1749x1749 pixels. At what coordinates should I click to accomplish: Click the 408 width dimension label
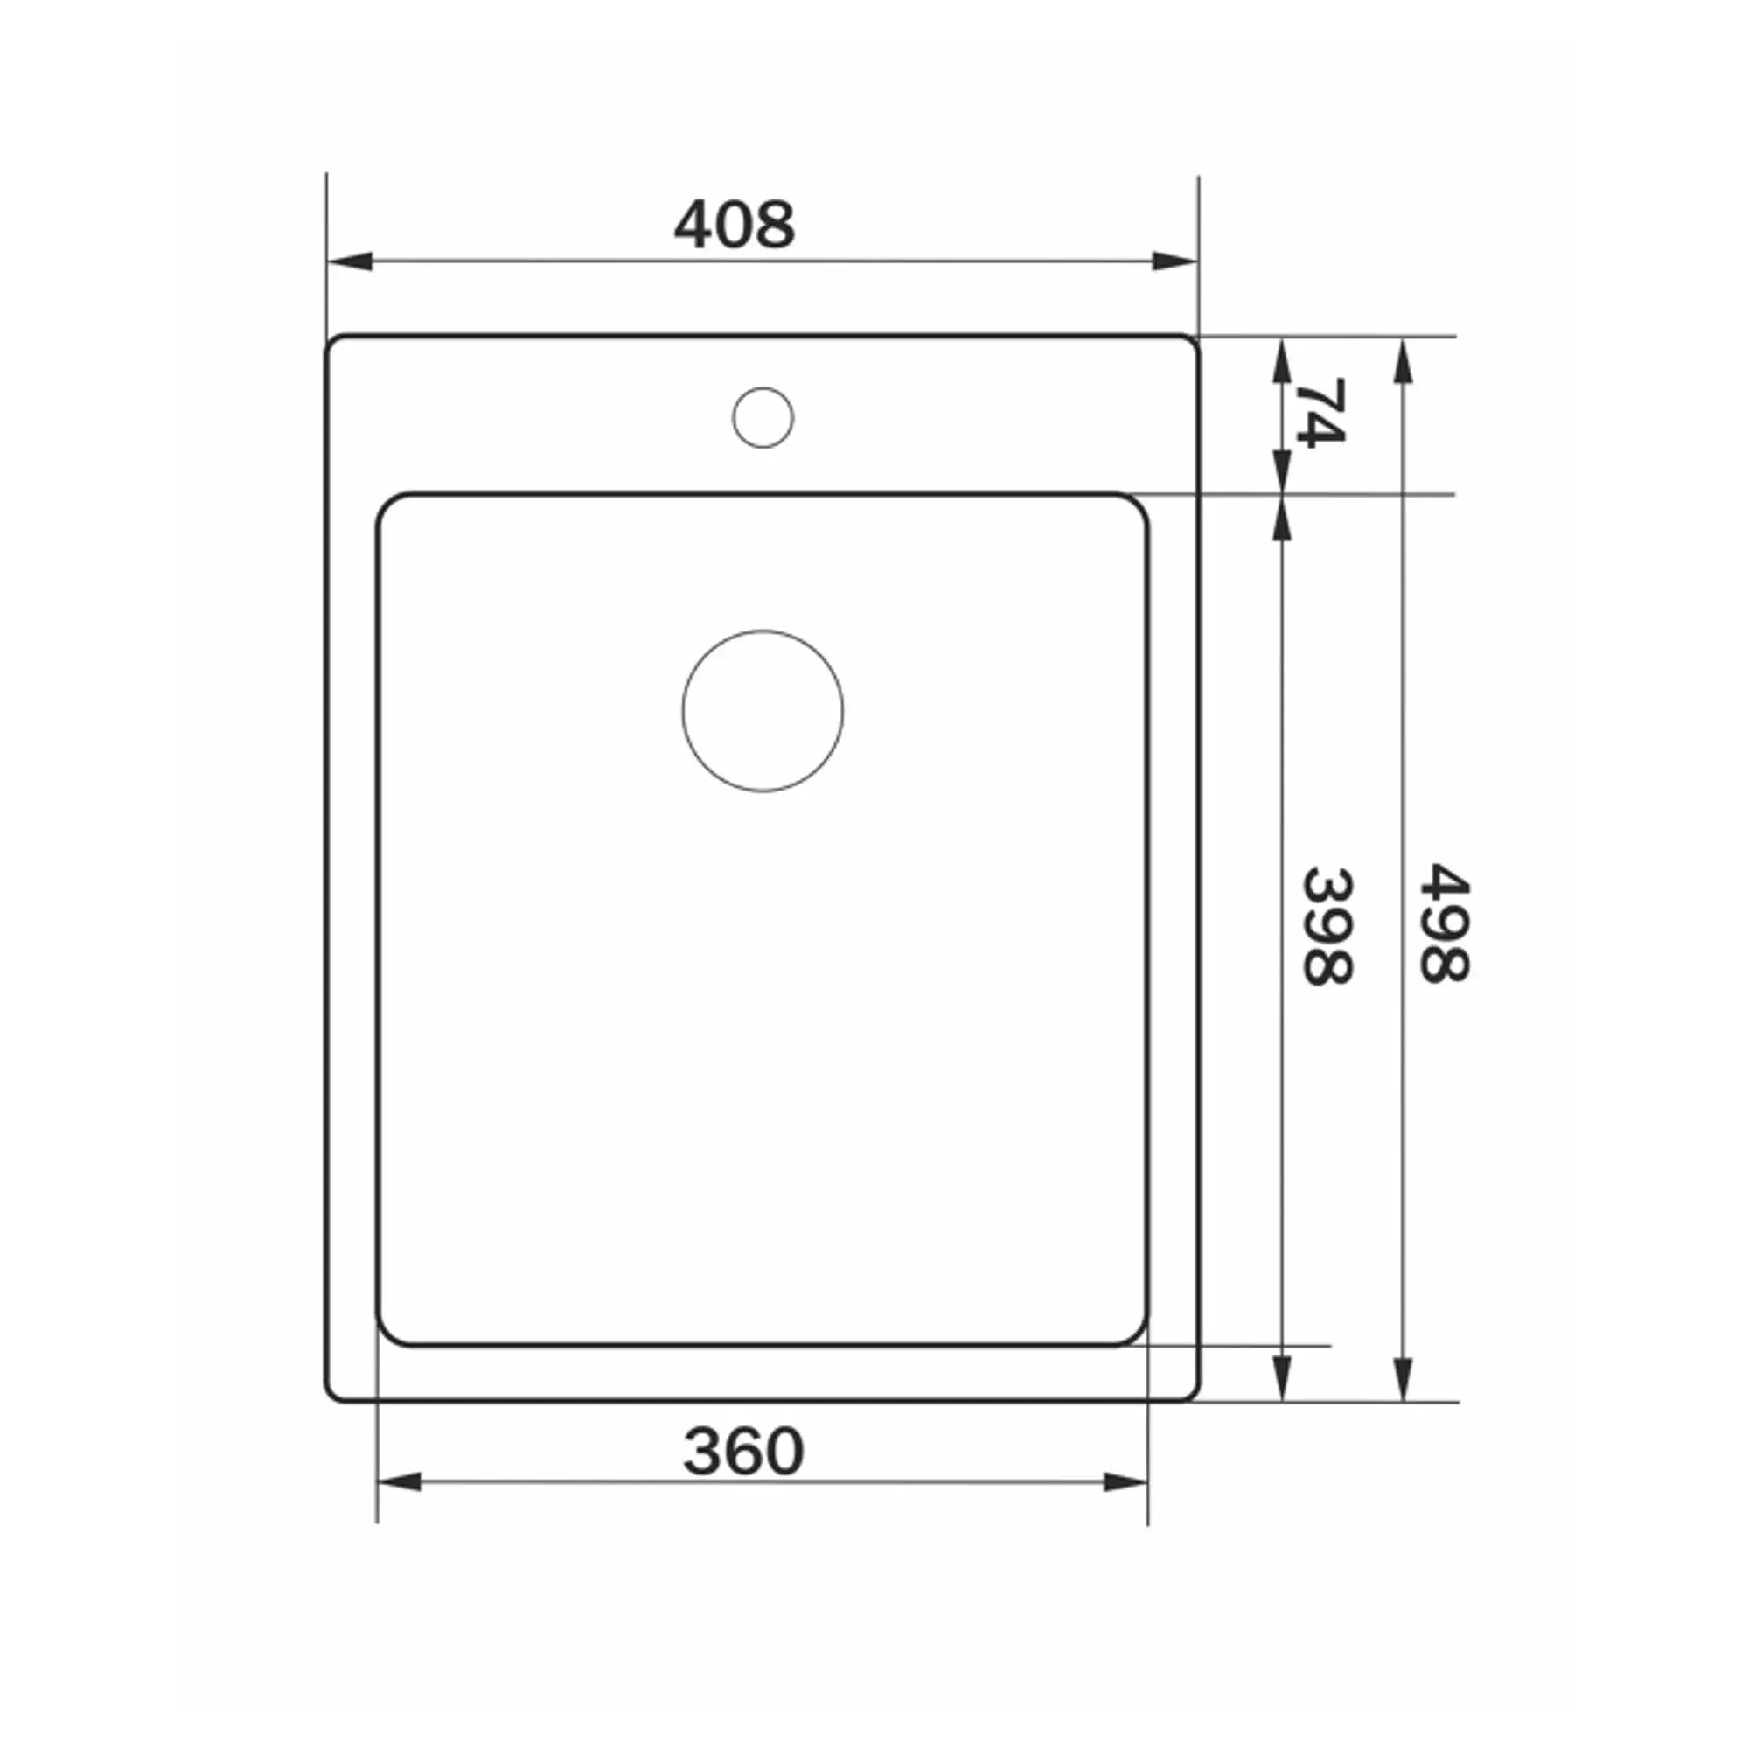(x=735, y=225)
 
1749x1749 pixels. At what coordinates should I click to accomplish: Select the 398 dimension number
(x=1328, y=926)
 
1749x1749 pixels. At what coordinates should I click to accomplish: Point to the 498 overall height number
(x=1445, y=923)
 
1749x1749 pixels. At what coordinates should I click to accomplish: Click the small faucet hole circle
(x=763, y=417)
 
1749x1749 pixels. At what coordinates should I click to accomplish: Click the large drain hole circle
(x=763, y=711)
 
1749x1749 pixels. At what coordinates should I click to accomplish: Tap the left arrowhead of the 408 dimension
(x=350, y=261)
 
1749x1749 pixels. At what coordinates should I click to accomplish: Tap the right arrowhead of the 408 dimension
(x=1175, y=261)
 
